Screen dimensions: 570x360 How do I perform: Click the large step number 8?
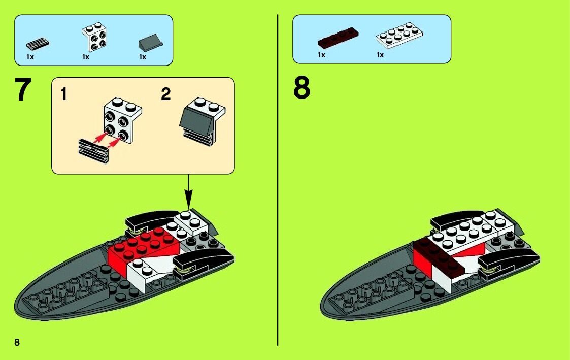coord(301,89)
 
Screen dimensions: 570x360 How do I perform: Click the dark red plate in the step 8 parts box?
coord(338,38)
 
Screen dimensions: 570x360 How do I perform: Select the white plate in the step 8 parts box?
coord(399,36)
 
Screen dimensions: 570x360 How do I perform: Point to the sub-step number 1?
coord(63,94)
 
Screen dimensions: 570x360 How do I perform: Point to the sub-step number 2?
coord(166,94)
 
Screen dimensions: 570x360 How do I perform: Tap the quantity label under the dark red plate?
coord(321,55)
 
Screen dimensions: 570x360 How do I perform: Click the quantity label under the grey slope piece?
coord(143,57)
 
